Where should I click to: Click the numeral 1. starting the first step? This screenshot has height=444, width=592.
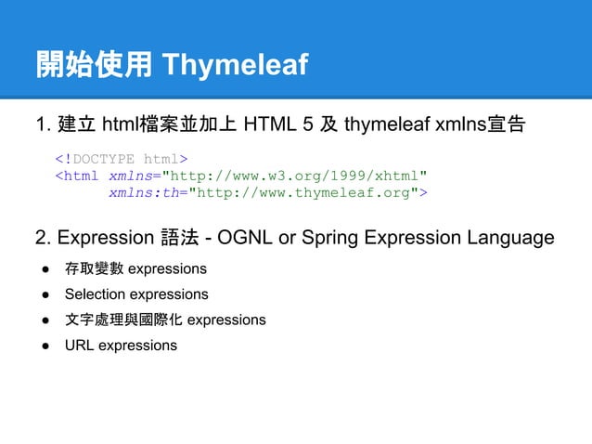click(x=43, y=124)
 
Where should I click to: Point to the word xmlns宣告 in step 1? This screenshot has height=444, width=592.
click(x=483, y=124)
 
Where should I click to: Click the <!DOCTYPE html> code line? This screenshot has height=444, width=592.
click(x=122, y=157)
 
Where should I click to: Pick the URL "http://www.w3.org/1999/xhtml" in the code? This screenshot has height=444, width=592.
click(x=295, y=175)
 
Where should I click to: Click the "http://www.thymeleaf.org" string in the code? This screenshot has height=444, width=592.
click(x=303, y=192)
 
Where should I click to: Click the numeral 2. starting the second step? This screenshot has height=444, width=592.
click(x=43, y=238)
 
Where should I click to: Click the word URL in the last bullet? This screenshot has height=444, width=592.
click(x=79, y=346)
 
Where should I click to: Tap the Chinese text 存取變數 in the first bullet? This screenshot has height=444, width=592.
click(x=94, y=269)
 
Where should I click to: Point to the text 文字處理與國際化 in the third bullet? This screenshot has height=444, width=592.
click(x=123, y=320)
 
